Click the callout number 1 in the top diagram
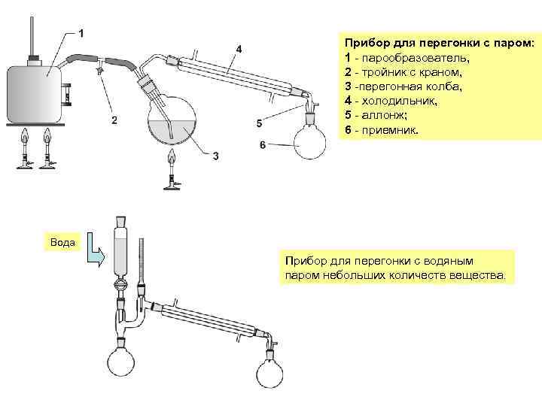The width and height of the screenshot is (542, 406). [82, 33]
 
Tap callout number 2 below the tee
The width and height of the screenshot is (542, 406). [114, 119]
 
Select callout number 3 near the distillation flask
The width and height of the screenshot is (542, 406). [215, 156]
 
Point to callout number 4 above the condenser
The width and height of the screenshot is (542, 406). [239, 49]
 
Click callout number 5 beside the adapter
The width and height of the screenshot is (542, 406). [260, 122]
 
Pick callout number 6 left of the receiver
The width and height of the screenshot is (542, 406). [263, 144]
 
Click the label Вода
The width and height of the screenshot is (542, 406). [62, 242]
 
